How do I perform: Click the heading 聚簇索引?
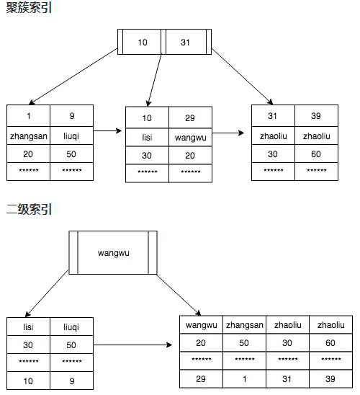point(29,7)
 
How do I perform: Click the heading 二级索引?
point(29,209)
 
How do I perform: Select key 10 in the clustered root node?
point(143,42)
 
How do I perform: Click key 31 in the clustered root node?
point(186,42)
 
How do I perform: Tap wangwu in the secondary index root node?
point(114,253)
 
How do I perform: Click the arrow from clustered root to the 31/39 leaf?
point(242,76)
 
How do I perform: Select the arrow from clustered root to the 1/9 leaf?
point(73,76)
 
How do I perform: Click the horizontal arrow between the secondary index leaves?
point(132,345)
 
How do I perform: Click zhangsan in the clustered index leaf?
point(28,136)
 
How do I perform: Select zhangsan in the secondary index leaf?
point(244,325)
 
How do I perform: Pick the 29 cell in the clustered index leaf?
point(190,117)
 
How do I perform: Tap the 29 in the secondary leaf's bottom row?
point(201,379)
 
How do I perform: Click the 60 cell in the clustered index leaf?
point(316,154)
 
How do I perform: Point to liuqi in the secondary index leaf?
point(71,327)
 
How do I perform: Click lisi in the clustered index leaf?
point(147,137)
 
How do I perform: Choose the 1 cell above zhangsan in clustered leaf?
point(28,116)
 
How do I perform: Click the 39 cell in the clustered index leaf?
point(316,116)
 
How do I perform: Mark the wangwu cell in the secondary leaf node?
point(202,325)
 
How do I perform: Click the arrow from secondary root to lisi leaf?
point(47,293)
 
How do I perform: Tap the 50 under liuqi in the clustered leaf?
point(71,154)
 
